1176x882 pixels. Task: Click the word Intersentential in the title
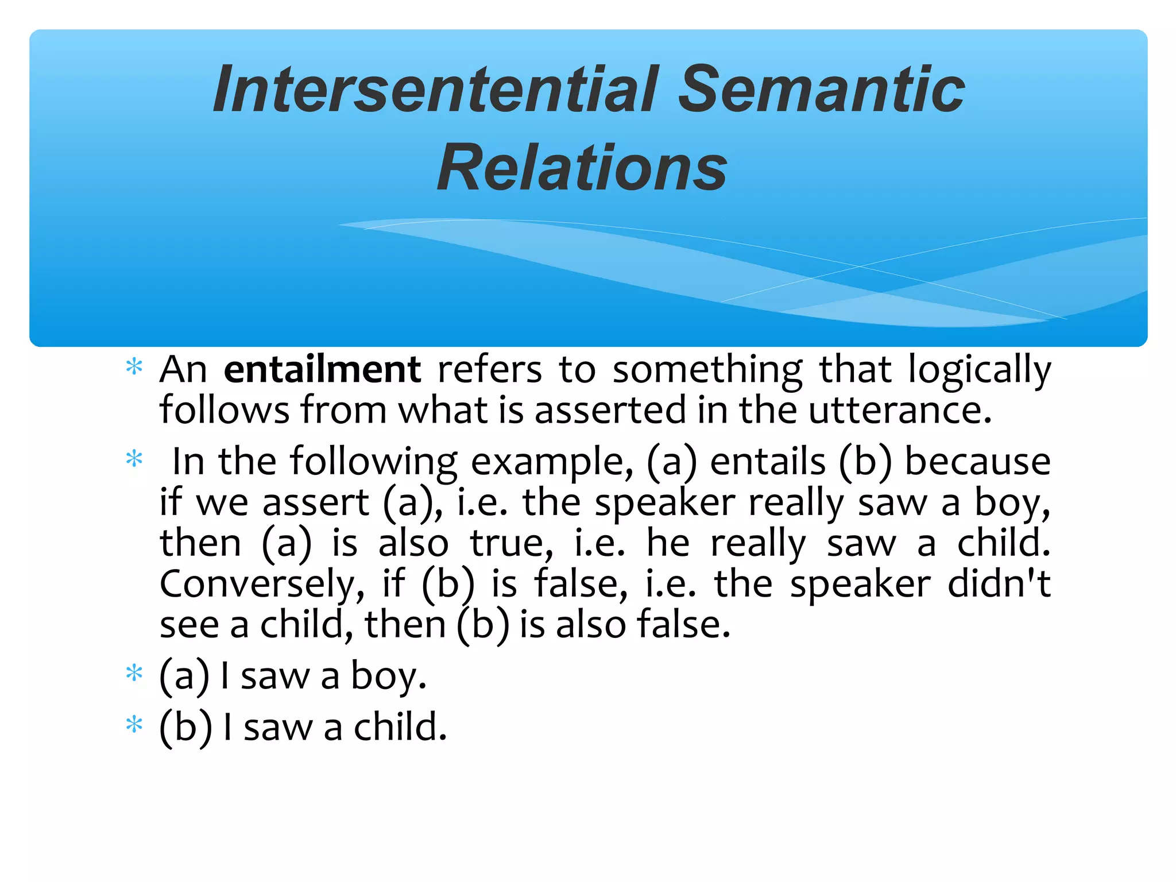click(436, 90)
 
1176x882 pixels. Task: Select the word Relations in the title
click(582, 168)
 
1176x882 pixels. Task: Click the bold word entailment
click(322, 369)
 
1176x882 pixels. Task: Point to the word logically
click(980, 370)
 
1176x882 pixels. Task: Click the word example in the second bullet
click(552, 462)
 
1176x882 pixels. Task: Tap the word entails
click(768, 461)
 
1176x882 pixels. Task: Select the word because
click(977, 461)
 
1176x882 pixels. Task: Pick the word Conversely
click(262, 585)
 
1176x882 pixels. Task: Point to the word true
click(512, 543)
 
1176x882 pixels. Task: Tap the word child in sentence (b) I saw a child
click(400, 727)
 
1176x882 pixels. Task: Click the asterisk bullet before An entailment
click(134, 366)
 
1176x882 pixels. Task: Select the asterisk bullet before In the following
click(134, 459)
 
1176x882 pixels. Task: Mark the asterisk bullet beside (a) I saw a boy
click(134, 672)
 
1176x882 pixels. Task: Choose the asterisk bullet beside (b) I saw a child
click(134, 724)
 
